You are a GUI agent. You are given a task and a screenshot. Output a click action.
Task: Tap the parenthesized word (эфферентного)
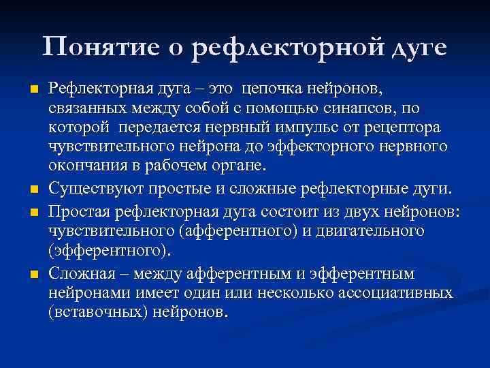click(x=107, y=250)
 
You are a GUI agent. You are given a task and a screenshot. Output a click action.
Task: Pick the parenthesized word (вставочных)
click(x=99, y=311)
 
